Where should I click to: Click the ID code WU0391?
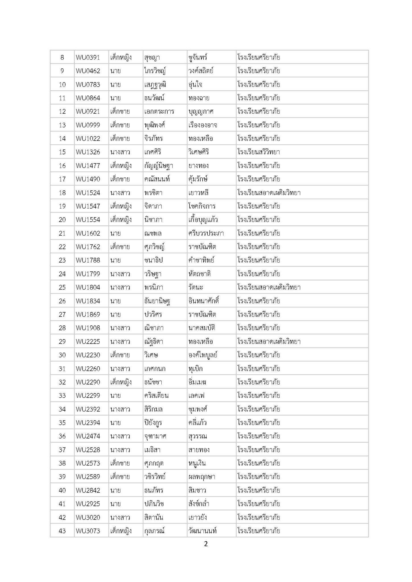(x=88, y=58)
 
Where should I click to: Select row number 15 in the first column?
(x=62, y=152)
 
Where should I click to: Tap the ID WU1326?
(x=88, y=152)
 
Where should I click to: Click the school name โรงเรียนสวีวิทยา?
(x=258, y=152)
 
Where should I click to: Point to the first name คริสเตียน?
(x=156, y=396)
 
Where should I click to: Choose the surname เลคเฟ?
(x=197, y=396)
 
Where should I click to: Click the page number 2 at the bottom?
(x=206, y=544)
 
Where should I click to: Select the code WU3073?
(x=88, y=531)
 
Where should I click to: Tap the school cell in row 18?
(x=269, y=193)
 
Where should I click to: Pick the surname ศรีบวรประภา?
(x=206, y=234)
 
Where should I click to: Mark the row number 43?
(x=62, y=531)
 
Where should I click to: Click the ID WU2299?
(x=88, y=396)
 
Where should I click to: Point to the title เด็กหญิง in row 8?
(x=121, y=58)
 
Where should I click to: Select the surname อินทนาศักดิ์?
(x=204, y=301)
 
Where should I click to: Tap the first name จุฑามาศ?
(x=155, y=436)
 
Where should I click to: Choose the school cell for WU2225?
(x=269, y=342)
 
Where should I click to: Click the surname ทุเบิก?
(x=195, y=369)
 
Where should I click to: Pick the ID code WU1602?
(x=88, y=234)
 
